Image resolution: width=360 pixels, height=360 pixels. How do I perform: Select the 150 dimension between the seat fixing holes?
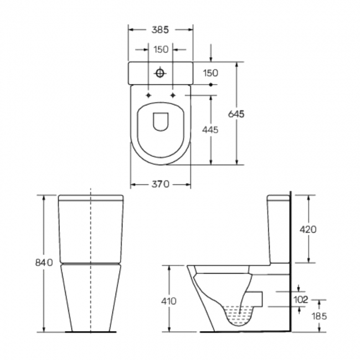161,50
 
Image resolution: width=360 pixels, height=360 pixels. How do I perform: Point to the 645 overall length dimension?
236,114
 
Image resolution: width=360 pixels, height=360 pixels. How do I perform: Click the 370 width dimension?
161,184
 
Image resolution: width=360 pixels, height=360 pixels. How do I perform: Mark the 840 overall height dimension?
44,262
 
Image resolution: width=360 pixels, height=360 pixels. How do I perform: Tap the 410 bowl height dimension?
169,301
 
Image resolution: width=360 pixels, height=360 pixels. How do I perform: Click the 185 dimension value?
318,316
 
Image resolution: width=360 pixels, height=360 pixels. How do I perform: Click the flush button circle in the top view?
161,73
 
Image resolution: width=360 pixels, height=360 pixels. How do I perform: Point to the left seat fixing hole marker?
148,95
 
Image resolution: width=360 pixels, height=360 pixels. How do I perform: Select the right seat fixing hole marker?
174,95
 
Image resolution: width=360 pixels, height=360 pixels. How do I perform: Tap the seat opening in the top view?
161,121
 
